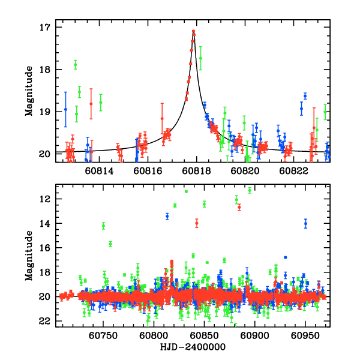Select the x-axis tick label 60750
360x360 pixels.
click(103, 335)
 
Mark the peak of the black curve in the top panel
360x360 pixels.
click(193, 31)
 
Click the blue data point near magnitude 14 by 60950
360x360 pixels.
click(305, 223)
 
